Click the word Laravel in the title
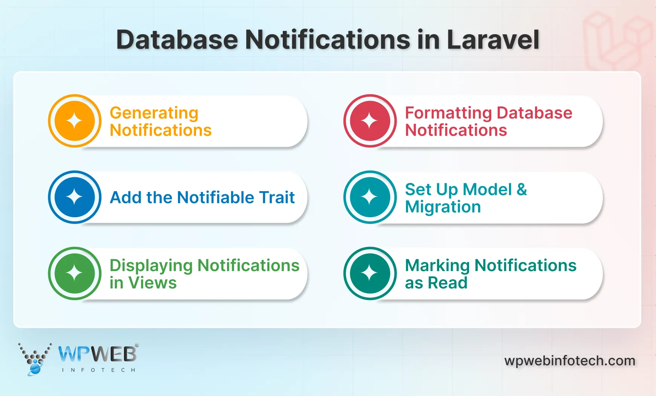point(493,40)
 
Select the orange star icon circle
point(75,121)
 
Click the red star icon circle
point(370,121)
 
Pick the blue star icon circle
point(75,197)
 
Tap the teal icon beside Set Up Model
point(370,197)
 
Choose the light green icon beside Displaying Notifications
point(75,273)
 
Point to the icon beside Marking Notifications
point(370,273)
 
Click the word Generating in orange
point(154,113)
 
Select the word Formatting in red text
point(448,113)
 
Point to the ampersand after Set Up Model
point(522,189)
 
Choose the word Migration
point(443,207)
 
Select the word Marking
point(437,266)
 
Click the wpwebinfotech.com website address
point(570,361)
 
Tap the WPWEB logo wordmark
point(98,354)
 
